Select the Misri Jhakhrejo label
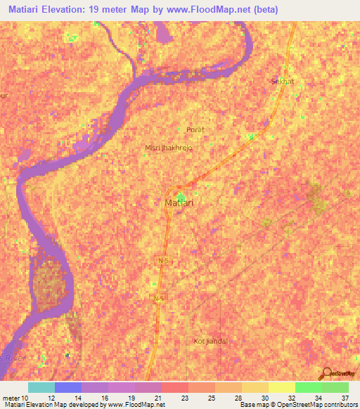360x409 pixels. click(167, 148)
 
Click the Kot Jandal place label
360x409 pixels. click(211, 341)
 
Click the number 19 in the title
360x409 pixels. click(96, 10)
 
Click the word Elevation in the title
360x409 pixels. click(65, 10)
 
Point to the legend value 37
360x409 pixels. click(345, 398)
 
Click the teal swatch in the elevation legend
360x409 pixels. click(41, 387)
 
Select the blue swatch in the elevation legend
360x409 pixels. click(68, 387)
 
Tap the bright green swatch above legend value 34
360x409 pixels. click(309, 387)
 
